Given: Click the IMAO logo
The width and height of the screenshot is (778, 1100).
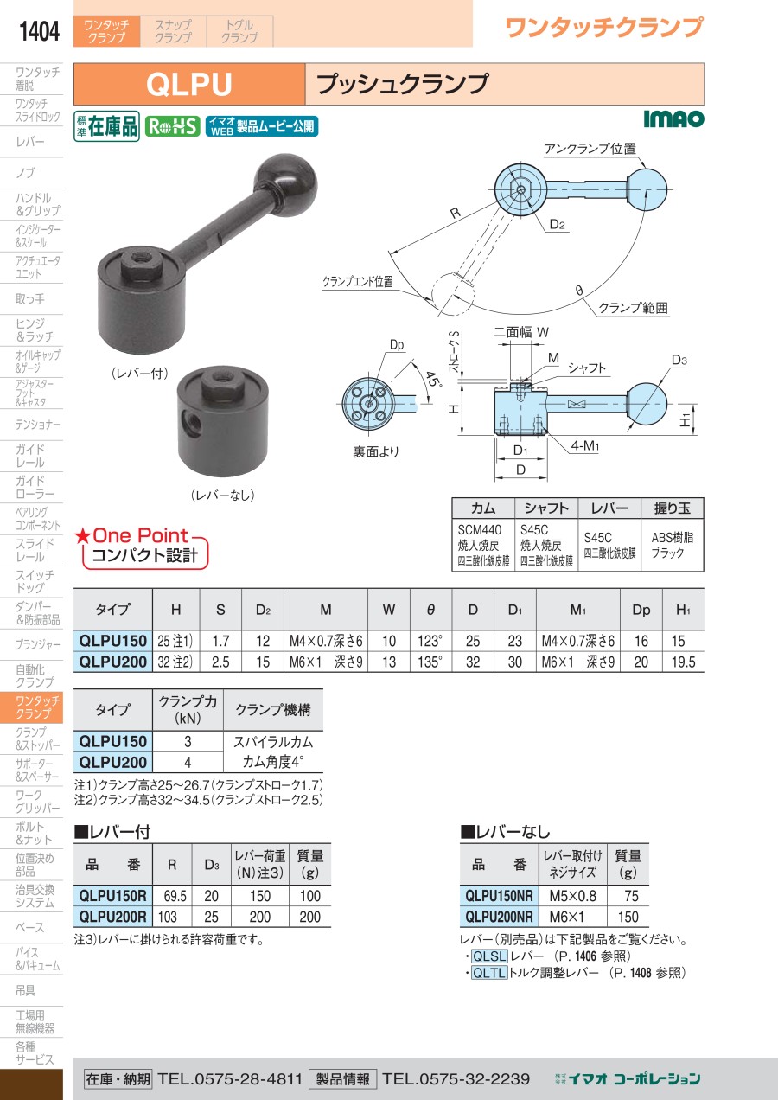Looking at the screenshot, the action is coord(673,118).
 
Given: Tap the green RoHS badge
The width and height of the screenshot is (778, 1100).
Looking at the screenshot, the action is coord(173,127).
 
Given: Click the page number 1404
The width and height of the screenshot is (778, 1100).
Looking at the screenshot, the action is coord(39,31).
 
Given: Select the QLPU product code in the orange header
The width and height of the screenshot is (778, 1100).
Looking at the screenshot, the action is coord(189,84).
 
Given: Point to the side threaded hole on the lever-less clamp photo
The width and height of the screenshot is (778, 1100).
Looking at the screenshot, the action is coord(191,421).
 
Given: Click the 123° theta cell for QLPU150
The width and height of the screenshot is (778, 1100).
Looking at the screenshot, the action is coord(430,641).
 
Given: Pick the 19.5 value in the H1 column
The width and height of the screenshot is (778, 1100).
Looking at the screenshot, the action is coord(683,662).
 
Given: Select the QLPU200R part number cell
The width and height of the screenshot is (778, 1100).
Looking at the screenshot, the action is coord(113,917).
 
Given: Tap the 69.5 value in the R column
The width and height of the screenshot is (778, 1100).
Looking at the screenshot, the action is coord(175,896).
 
